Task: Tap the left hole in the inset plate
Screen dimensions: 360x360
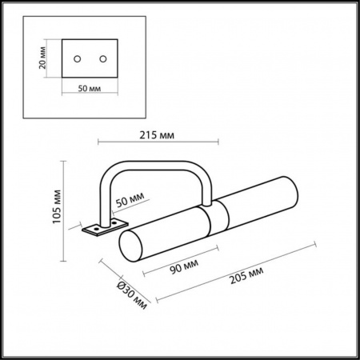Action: [x=78, y=59]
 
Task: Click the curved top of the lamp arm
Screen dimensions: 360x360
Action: [x=160, y=160]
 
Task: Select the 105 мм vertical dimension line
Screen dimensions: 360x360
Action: [x=65, y=213]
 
